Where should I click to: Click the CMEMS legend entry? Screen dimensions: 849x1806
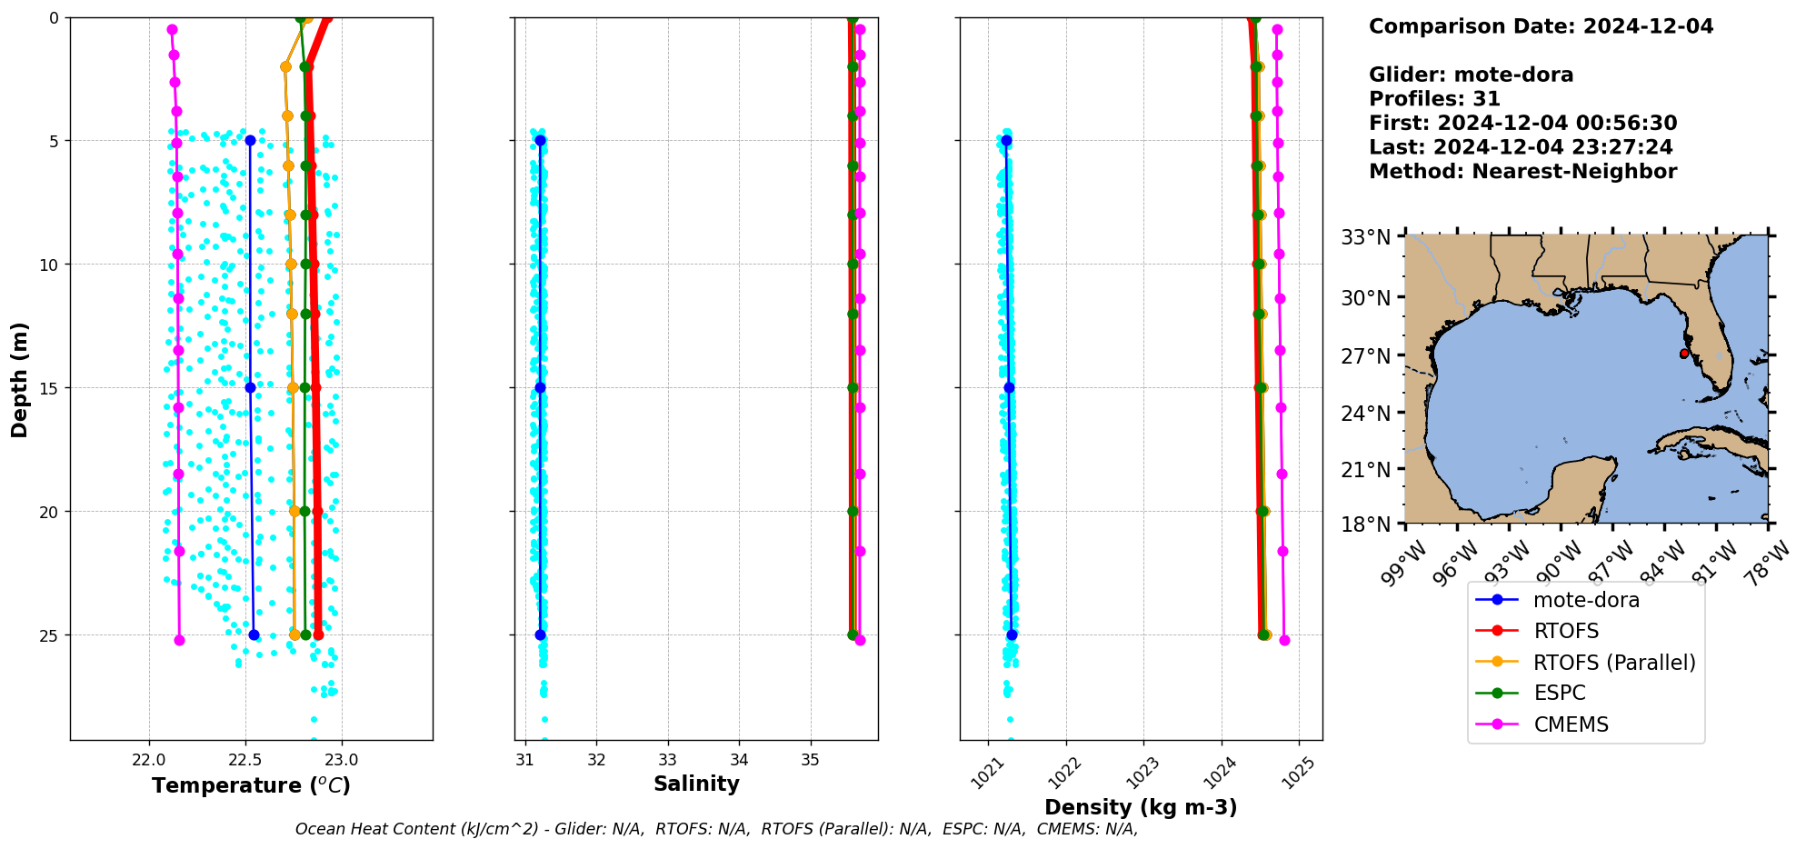point(1571,724)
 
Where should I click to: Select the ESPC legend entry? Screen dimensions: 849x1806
point(1559,693)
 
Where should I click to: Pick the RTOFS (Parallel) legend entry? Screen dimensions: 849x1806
point(1613,663)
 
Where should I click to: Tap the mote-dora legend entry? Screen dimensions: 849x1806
point(1585,600)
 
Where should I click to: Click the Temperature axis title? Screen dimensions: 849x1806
point(251,785)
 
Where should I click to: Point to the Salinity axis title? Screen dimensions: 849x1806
point(696,784)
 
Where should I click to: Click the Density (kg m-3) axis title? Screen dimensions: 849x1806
point(1141,807)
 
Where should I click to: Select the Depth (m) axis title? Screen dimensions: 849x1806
point(19,379)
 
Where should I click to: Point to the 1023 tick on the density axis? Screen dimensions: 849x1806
point(1142,771)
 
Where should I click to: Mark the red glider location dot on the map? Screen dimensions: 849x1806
point(1683,354)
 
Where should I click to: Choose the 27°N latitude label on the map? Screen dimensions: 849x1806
point(1366,355)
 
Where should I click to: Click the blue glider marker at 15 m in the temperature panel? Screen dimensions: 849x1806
point(250,387)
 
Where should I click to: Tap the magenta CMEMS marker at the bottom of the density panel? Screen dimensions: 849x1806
point(1284,641)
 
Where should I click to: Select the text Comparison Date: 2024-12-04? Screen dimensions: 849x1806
point(1541,26)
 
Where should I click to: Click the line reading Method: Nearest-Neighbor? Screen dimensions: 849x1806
point(1522,171)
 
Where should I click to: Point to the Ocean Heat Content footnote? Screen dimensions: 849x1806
point(716,829)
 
